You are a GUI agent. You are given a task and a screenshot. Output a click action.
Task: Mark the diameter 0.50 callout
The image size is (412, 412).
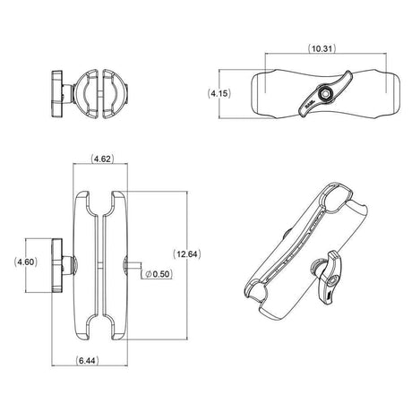tap(159, 273)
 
